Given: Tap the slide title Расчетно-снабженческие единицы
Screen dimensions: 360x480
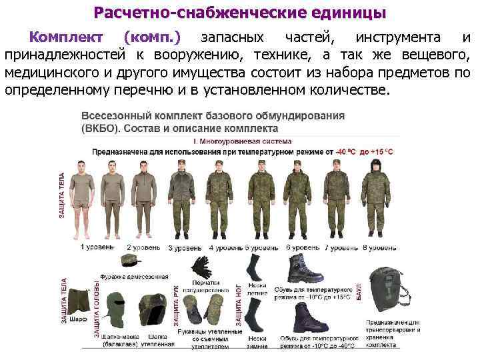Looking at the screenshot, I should [239, 13].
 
